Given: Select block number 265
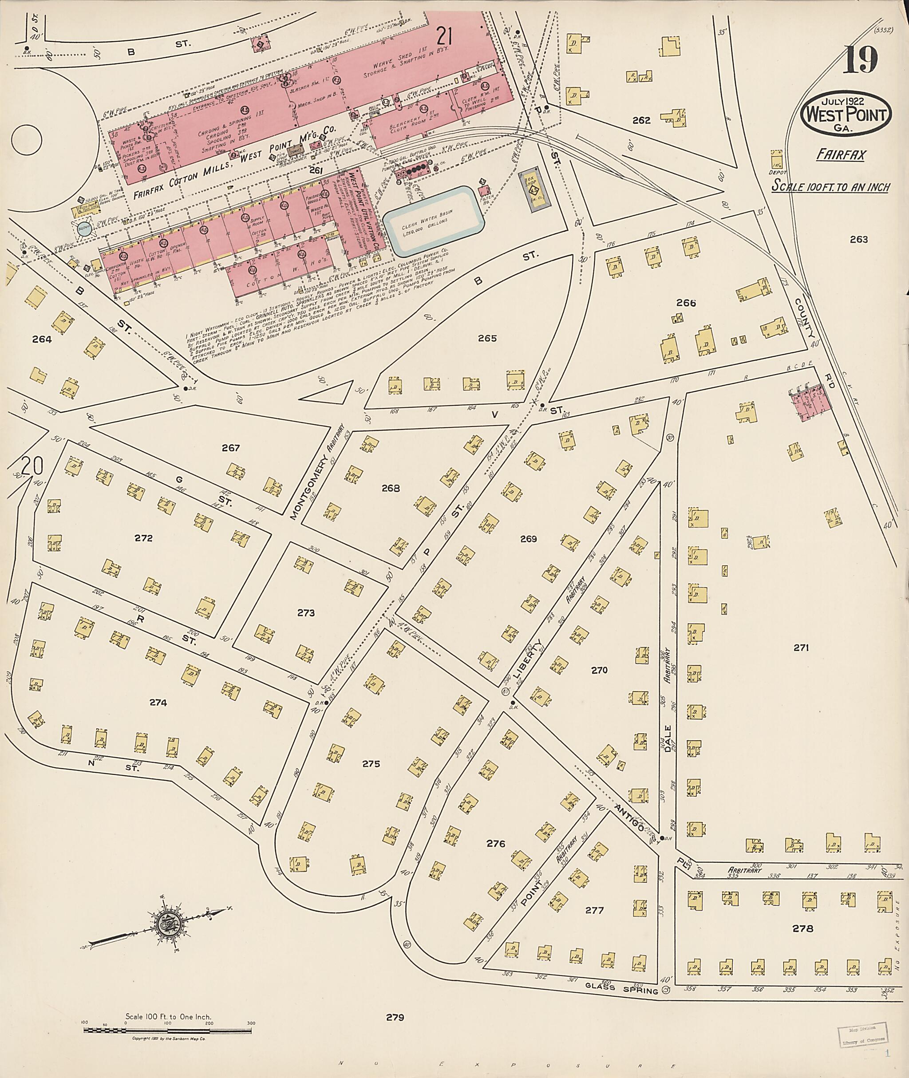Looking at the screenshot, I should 487,339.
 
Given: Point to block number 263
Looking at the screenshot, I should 858,239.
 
